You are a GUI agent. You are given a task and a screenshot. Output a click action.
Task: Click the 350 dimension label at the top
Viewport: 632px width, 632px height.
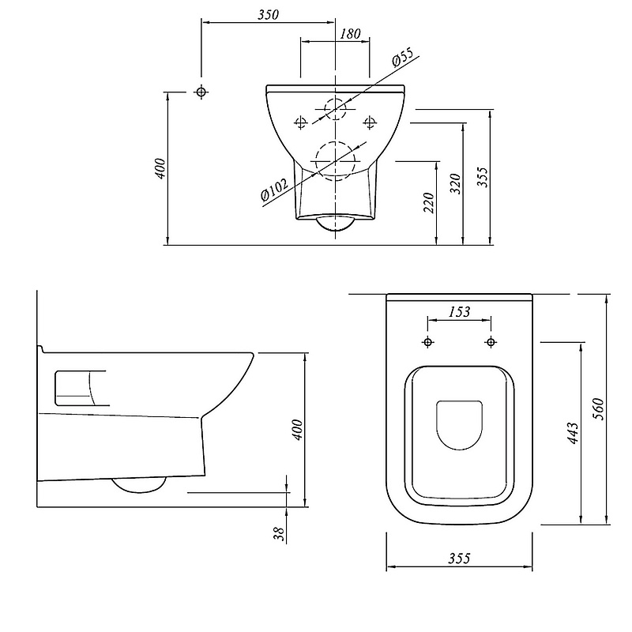268,14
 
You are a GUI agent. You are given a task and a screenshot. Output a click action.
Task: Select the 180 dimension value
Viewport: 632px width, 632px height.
350,33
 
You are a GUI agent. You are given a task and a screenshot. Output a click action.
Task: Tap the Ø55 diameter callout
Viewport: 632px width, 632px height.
402,57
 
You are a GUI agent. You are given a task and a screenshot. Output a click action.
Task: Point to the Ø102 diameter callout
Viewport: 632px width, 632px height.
274,190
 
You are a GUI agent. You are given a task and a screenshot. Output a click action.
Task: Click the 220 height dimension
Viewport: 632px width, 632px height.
429,203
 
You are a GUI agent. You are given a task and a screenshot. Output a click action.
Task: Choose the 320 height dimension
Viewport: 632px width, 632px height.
456,183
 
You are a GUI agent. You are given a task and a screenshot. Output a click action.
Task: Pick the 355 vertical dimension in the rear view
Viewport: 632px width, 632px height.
483,177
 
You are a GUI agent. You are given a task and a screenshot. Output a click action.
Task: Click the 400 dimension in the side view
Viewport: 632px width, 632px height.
297,430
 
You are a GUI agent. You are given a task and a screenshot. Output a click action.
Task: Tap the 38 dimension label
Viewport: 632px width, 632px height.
279,534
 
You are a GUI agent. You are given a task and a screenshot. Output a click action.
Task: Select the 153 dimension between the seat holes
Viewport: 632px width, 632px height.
459,311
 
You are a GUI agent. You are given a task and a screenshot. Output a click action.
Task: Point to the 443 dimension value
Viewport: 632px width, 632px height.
573,433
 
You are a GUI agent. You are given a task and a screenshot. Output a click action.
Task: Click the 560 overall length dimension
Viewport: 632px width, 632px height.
599,408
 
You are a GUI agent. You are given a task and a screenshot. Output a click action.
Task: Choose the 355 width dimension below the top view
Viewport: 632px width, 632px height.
459,559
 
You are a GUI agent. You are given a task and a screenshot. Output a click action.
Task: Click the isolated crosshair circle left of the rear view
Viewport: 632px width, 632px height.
201,92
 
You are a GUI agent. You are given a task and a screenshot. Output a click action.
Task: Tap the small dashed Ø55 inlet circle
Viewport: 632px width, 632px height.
335,109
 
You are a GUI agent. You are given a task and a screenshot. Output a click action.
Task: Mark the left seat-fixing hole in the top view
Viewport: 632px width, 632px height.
427,342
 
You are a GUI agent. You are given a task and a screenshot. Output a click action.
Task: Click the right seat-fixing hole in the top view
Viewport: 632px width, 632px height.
491,342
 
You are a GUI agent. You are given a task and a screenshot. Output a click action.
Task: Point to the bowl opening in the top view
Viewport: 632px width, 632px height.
459,425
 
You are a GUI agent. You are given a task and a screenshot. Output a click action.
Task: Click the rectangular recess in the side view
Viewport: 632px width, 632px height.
73,388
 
